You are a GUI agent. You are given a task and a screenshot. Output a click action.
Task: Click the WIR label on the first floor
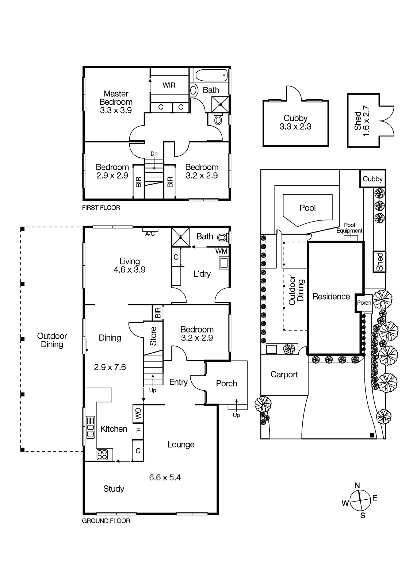(x=169, y=85)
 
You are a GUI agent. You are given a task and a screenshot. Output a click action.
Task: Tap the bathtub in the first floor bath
(x=211, y=76)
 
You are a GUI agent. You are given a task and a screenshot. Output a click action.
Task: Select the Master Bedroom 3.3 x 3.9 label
(x=116, y=102)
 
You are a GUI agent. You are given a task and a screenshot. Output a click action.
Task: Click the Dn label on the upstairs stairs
(x=154, y=154)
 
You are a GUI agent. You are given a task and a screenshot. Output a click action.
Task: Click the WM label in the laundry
(x=221, y=251)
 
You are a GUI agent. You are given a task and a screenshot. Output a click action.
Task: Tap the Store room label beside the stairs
(x=153, y=336)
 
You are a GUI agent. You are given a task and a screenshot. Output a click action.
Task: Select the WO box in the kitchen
(x=138, y=414)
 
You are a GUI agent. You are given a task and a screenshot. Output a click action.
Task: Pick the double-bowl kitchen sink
(x=90, y=427)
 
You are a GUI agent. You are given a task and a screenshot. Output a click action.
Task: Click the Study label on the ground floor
(x=114, y=489)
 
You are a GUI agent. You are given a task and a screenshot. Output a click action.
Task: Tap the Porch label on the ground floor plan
(x=226, y=383)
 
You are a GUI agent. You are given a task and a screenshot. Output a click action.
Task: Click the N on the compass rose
(x=357, y=485)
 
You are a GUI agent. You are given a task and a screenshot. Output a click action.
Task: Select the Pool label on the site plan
(x=307, y=208)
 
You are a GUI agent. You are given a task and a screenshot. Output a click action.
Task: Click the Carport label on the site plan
(x=284, y=374)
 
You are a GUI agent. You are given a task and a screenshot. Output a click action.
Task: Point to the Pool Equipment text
(x=349, y=228)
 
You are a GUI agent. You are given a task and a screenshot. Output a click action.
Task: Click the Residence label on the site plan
(x=331, y=296)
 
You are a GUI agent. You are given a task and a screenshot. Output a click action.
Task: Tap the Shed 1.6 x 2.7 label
(x=362, y=120)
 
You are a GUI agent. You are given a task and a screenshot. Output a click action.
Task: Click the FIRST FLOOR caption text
(x=101, y=208)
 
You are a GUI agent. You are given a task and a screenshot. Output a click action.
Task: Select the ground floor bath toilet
(x=222, y=238)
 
